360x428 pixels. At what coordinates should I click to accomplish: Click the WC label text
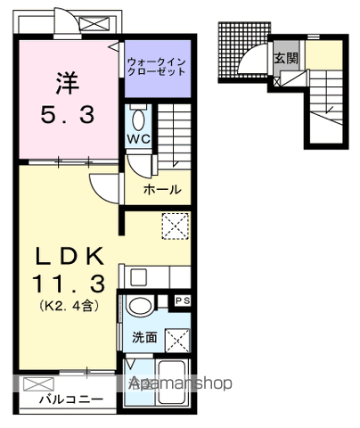coord(136,140)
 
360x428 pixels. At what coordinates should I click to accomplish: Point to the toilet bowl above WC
coord(138,118)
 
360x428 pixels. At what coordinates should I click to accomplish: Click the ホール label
coord(165,189)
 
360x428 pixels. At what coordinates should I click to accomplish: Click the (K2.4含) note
coord(67,306)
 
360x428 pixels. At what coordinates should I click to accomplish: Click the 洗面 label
coord(145,339)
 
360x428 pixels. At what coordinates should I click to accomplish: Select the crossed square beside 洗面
coord(178,339)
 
